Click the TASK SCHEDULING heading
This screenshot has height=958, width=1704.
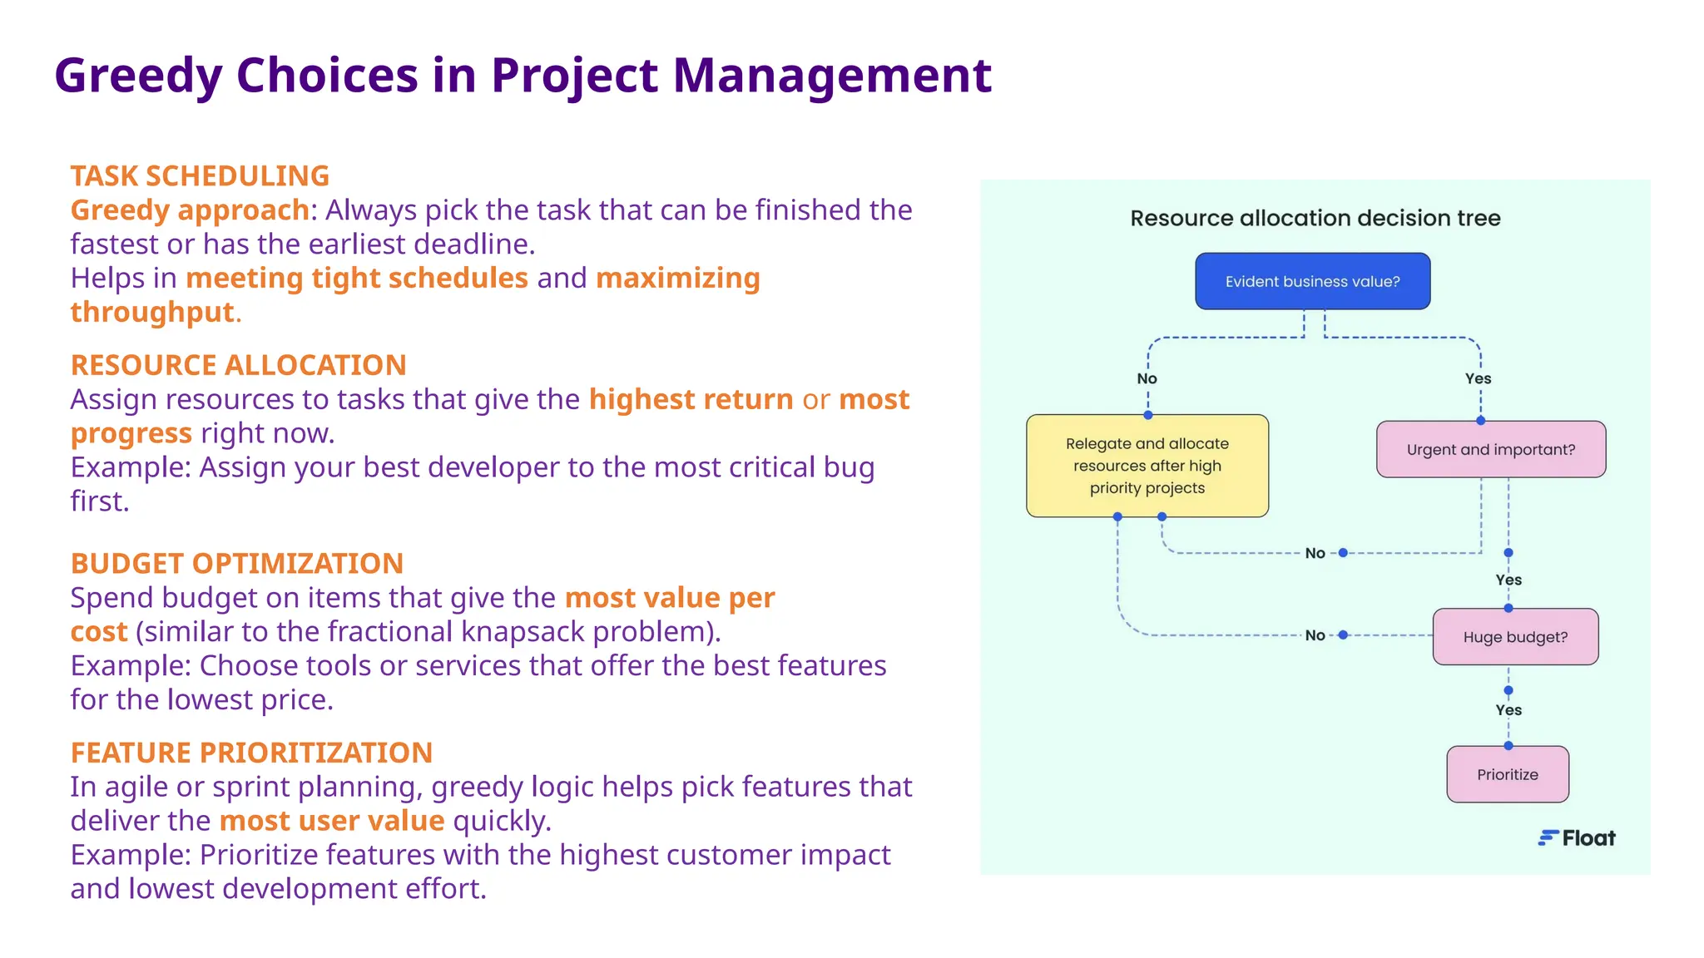(200, 176)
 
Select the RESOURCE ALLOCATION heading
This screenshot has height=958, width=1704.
(238, 365)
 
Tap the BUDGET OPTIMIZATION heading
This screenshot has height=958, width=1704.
(236, 564)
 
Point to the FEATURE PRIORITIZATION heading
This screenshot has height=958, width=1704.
(251, 753)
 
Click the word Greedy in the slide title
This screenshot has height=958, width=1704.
(138, 76)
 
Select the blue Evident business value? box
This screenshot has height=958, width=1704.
(1312, 282)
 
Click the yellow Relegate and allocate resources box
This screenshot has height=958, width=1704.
(1147, 466)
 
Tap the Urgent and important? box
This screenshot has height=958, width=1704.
(1490, 450)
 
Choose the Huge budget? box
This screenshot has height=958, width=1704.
(1514, 637)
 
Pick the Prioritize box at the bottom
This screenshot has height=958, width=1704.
(1507, 774)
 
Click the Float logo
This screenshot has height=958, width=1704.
(1577, 838)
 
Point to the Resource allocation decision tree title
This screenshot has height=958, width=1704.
(1315, 219)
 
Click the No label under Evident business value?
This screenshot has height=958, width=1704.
(1147, 378)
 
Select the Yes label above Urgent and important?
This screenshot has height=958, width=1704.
(1478, 378)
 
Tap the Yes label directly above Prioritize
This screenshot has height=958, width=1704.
(1508, 710)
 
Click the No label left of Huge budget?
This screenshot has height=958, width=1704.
(1315, 635)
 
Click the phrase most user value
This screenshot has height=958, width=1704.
(332, 821)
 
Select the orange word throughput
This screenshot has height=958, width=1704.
(152, 312)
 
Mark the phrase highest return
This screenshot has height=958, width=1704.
(691, 400)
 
